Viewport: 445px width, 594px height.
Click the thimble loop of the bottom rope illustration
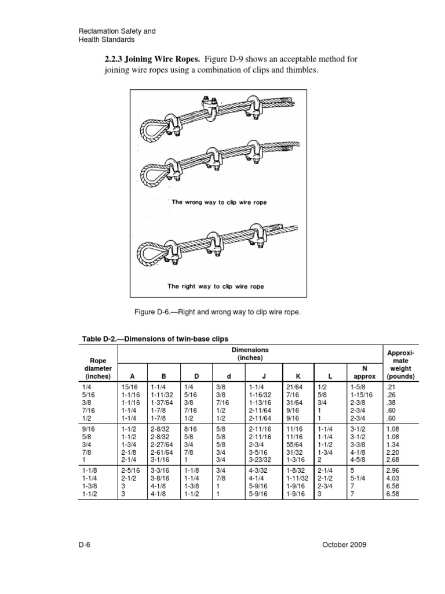pos(149,251)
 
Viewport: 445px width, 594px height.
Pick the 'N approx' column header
pos(364,372)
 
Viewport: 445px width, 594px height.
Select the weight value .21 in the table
pos(391,387)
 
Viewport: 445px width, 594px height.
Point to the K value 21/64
pos(294,387)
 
